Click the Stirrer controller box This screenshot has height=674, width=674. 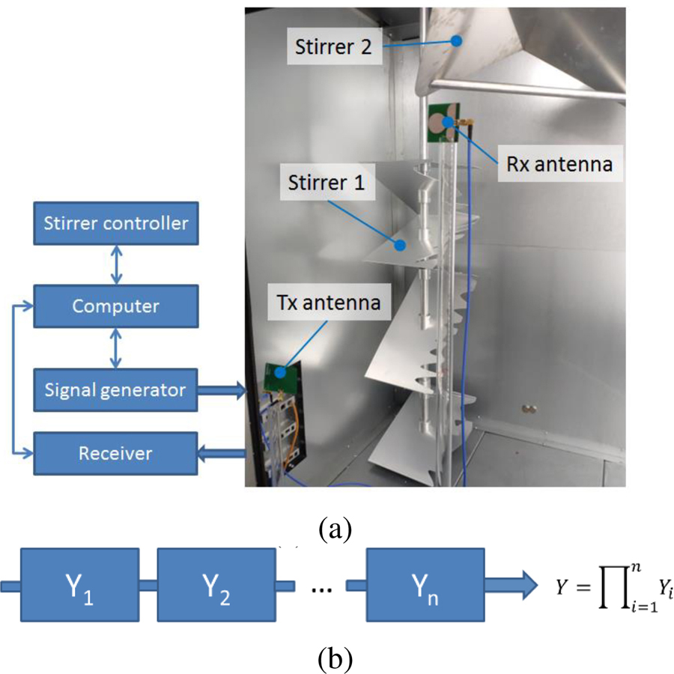[115, 222]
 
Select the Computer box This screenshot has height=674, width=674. [115, 306]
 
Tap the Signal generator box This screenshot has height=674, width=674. [115, 389]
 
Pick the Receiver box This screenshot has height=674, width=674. [115, 453]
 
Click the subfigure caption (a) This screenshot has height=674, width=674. [335, 529]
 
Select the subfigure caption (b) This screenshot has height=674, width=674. [335, 658]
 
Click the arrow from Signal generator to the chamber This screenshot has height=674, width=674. [222, 389]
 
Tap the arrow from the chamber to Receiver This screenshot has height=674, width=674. [222, 453]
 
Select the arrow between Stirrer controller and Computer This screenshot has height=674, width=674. [115, 264]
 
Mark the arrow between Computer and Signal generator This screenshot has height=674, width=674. [115, 348]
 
